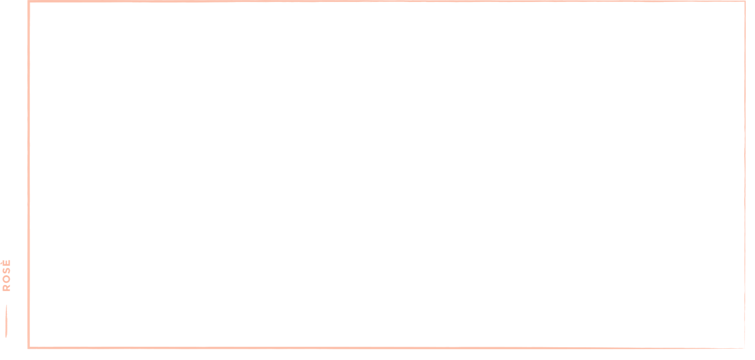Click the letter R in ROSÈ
pyautogui.click(x=6, y=288)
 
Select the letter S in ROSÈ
pyautogui.click(x=6, y=271)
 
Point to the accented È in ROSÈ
pyautogui.click(x=6, y=263)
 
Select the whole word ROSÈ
pyautogui.click(x=6, y=275)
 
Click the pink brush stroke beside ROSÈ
pyautogui.click(x=6, y=321)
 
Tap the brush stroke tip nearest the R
pyautogui.click(x=6, y=305)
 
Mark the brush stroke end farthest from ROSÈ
pyautogui.click(x=6, y=337)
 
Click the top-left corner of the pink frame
pyautogui.click(x=28, y=1)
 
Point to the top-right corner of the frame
pyautogui.click(x=745, y=1)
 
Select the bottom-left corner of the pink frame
pyautogui.click(x=28, y=348)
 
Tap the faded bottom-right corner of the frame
pyautogui.click(x=744, y=348)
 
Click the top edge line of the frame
pyautogui.click(x=387, y=1)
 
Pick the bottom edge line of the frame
pyautogui.click(x=386, y=348)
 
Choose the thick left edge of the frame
pyautogui.click(x=28, y=174)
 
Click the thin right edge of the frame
pyautogui.click(x=745, y=174)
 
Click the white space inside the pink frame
pyautogui.click(x=387, y=174)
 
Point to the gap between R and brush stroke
pyautogui.click(x=6, y=298)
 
